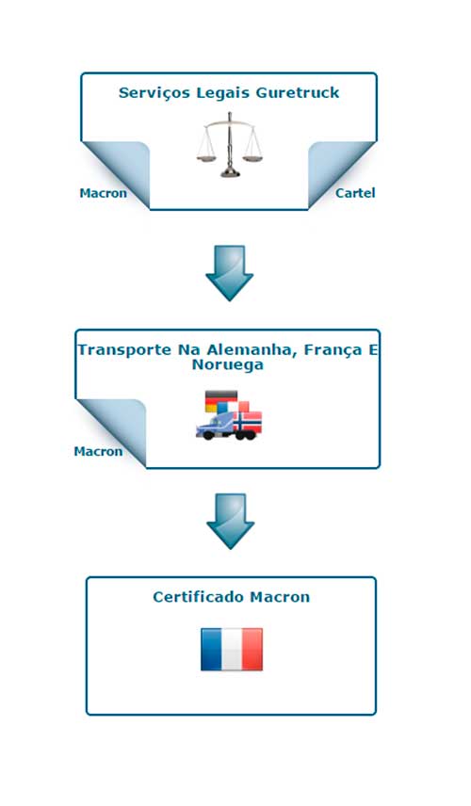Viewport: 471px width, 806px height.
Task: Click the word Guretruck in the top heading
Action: [x=298, y=93]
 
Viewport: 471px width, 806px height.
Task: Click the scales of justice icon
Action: [x=229, y=145]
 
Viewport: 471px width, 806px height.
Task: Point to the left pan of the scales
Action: [x=206, y=158]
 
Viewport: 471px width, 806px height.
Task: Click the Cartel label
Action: [x=355, y=193]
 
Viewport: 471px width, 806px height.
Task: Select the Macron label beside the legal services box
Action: [x=103, y=193]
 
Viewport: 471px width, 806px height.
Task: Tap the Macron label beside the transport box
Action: [x=98, y=451]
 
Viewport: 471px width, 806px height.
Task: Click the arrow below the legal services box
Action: [x=229, y=273]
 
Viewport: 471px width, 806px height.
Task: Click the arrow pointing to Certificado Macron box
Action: [x=231, y=522]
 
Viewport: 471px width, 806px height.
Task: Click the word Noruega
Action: [x=228, y=365]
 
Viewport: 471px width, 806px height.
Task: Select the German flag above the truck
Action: [x=221, y=401]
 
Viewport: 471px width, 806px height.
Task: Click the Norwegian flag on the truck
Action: [x=248, y=422]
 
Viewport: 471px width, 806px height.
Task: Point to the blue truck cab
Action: [x=215, y=427]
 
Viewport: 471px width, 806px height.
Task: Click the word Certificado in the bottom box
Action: [x=199, y=597]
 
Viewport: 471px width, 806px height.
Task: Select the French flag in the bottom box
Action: [x=232, y=649]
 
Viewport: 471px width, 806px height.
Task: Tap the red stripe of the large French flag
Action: [x=252, y=649]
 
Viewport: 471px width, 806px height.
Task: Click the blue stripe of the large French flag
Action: [x=211, y=649]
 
